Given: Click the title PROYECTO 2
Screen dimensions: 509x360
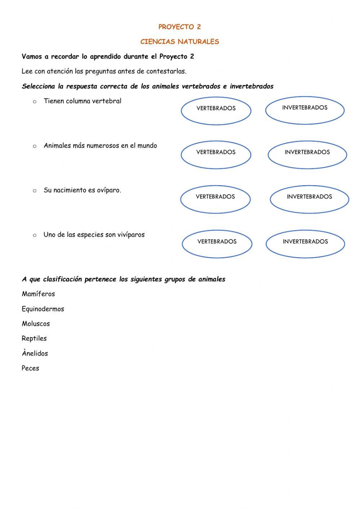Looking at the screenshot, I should (x=180, y=27).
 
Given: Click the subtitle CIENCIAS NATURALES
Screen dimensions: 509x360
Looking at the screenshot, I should (x=180, y=42).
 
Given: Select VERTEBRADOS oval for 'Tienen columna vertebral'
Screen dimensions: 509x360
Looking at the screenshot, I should (x=216, y=111).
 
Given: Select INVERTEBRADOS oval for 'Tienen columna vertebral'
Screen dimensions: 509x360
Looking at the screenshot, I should (x=305, y=110).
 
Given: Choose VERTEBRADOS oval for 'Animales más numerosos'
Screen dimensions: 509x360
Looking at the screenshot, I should (x=216, y=155).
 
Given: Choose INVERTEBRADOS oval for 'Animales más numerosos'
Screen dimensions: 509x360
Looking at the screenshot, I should (x=307, y=155).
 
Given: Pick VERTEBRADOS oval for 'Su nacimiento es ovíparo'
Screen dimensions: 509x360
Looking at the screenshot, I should (x=215, y=199).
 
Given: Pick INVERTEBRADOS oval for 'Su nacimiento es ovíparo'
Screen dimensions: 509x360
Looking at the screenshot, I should (x=309, y=199).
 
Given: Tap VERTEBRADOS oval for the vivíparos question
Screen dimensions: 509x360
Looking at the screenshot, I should (x=217, y=244).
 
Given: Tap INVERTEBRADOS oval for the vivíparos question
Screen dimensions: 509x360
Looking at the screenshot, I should (x=305, y=244).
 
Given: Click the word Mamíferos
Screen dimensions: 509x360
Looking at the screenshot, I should (x=38, y=294).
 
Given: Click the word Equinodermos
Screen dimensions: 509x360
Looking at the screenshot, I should (x=43, y=309).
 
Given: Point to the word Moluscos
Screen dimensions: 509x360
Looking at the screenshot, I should (x=36, y=324).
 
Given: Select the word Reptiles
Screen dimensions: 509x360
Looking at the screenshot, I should (x=34, y=339).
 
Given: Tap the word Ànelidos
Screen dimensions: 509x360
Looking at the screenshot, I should (x=35, y=353).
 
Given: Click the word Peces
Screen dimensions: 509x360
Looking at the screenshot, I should (x=30, y=368).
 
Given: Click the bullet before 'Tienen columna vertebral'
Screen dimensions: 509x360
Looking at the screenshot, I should (x=35, y=102).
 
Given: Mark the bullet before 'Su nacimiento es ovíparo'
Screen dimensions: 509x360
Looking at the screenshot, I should (x=35, y=191).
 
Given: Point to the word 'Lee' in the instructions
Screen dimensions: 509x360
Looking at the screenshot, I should (x=27, y=71).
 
